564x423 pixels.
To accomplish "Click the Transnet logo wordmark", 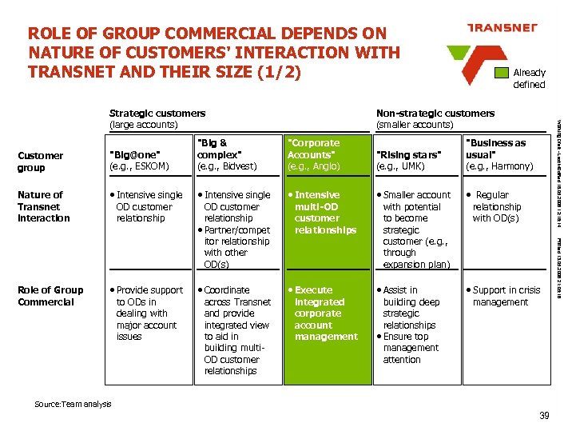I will point(501,28).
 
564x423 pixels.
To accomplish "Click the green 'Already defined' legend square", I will point(502,73).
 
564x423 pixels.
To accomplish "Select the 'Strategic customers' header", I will point(157,119).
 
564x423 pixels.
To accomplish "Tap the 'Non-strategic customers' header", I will point(435,119).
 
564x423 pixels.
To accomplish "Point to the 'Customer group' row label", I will point(40,162).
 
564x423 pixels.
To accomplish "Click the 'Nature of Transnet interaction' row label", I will point(44,206).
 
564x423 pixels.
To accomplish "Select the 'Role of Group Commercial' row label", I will point(50,296).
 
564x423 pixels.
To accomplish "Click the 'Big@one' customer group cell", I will point(139,161).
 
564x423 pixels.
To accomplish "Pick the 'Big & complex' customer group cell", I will point(227,154).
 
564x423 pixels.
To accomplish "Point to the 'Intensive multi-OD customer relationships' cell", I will point(325,212).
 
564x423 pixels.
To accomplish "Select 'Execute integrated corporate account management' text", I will point(325,313).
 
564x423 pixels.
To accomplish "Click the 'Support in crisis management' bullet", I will point(506,296).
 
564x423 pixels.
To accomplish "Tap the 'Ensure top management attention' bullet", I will point(411,348).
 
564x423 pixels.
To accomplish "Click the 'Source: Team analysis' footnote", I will point(73,405).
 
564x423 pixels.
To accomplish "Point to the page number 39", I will point(544,414).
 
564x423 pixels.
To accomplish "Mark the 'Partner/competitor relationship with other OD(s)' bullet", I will point(236,247).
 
